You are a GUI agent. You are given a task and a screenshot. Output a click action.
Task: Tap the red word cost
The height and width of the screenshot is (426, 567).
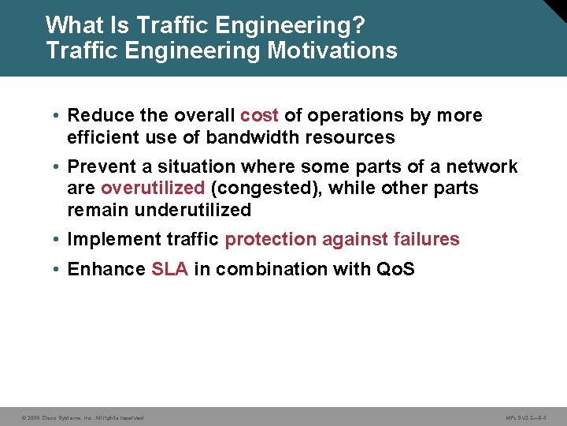(259, 115)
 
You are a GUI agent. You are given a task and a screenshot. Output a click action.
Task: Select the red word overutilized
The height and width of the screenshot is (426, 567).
(153, 189)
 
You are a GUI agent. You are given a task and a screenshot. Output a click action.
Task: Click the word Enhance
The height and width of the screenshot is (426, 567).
(106, 269)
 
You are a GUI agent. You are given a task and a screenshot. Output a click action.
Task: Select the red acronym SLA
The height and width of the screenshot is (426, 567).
(169, 269)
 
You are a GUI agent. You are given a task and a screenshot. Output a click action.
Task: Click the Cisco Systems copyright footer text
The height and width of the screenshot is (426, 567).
(82, 417)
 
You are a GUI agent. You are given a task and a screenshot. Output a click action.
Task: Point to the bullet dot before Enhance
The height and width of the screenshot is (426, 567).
(57, 269)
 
